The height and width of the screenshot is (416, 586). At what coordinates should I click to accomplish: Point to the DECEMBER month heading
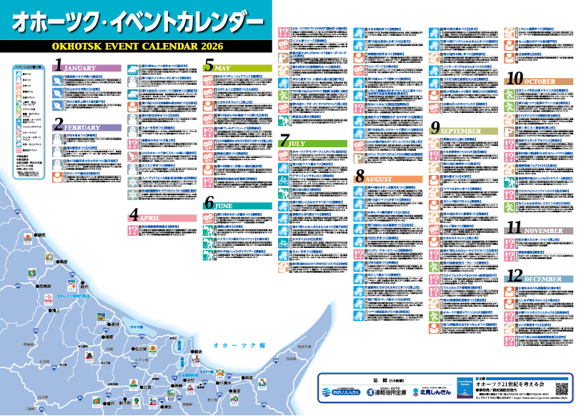tap(547, 279)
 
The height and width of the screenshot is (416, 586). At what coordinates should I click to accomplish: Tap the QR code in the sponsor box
tap(562, 390)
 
